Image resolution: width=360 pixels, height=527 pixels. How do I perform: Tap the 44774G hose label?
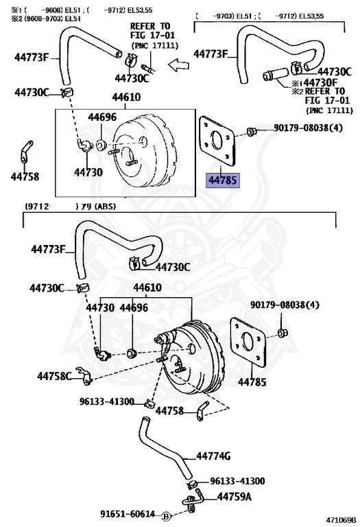pos(213,456)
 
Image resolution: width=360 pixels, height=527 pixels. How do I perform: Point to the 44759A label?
pos(235,496)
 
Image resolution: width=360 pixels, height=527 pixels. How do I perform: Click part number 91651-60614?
pos(127,513)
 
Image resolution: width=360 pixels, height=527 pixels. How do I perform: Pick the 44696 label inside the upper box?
pos(101,117)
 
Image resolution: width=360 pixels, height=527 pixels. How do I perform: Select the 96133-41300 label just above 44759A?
pos(237,481)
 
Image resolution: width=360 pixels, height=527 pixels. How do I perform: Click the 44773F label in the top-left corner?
pos(32,58)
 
